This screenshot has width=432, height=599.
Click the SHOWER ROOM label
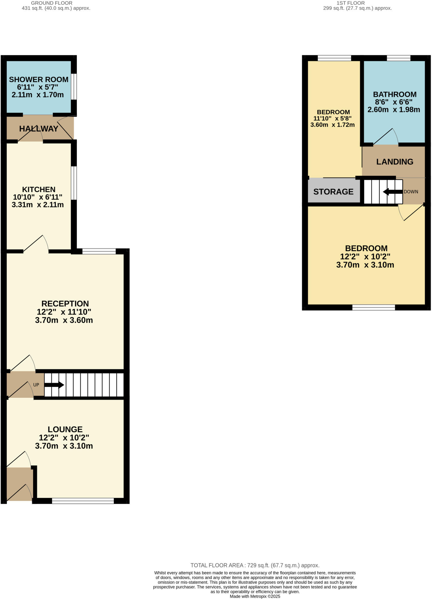(39, 80)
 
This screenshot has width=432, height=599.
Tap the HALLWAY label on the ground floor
(39, 129)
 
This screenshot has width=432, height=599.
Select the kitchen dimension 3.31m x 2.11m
(38, 205)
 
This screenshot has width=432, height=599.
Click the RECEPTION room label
(65, 304)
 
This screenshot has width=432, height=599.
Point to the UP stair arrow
(54, 385)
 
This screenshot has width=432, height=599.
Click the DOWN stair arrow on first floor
(393, 192)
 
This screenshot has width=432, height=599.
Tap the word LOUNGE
(65, 429)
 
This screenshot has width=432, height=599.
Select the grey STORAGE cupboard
(333, 192)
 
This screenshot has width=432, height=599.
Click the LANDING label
(395, 162)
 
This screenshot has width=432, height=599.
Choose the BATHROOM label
(395, 94)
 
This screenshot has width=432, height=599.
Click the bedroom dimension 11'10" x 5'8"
(332, 118)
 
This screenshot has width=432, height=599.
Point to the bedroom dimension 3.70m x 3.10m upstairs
(365, 265)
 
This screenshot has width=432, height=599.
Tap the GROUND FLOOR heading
(51, 3)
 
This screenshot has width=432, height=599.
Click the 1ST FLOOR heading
(350, 3)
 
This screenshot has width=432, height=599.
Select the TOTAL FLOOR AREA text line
(255, 565)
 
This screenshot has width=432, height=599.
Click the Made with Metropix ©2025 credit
(255, 596)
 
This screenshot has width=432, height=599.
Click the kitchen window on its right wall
(74, 183)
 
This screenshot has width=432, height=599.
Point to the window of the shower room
(74, 87)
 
